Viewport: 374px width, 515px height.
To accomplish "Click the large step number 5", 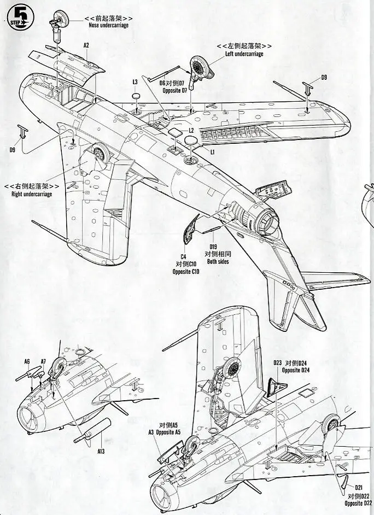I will (21, 15).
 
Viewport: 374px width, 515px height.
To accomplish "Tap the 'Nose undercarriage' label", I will (109, 25).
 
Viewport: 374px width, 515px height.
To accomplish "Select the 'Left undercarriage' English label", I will (244, 54).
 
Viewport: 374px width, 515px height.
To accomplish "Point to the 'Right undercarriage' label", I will (32, 194).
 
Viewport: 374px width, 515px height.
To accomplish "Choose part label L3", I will (135, 82).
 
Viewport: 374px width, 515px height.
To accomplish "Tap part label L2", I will (191, 131).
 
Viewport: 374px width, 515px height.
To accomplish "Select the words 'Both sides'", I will (217, 262).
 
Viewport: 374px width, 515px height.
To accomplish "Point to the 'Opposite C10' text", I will (186, 272).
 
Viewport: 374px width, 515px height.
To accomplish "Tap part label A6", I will (26, 361).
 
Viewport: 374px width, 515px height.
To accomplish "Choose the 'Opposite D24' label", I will (295, 370).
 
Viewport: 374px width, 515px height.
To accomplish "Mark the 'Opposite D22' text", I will (359, 502).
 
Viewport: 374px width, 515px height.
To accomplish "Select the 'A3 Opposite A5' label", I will (164, 432).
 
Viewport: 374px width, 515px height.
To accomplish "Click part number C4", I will (184, 256).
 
